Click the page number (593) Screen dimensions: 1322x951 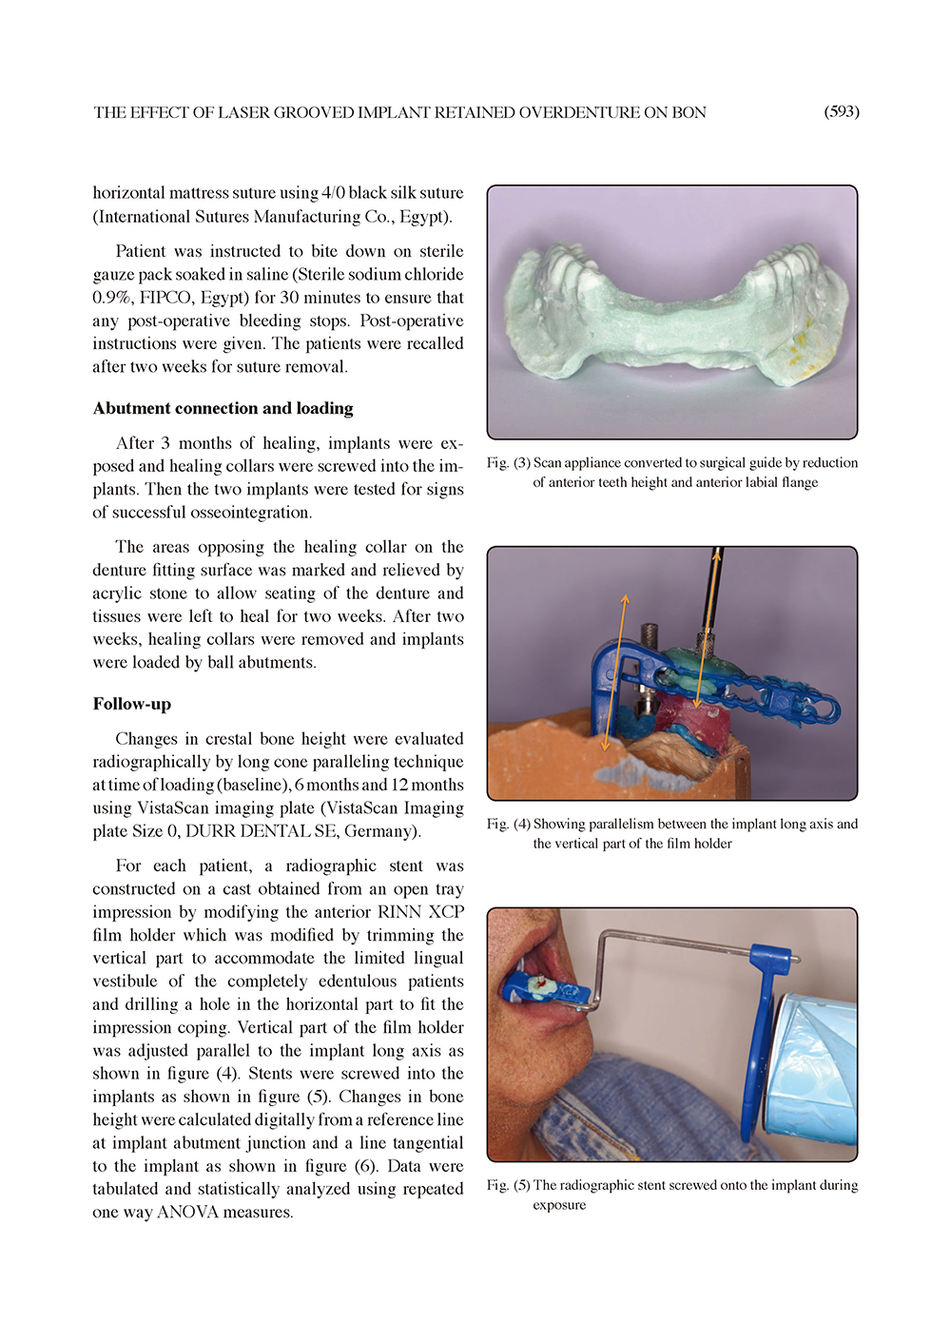click(841, 112)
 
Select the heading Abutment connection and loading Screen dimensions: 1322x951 click(223, 409)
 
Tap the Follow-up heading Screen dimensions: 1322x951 click(131, 705)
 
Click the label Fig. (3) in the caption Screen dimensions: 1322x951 click(508, 463)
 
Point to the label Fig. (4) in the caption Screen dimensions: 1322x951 click(508, 825)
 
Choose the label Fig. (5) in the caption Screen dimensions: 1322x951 click(508, 1186)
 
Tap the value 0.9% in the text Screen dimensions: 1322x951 click(111, 298)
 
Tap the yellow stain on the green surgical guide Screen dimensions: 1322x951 click(802, 340)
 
